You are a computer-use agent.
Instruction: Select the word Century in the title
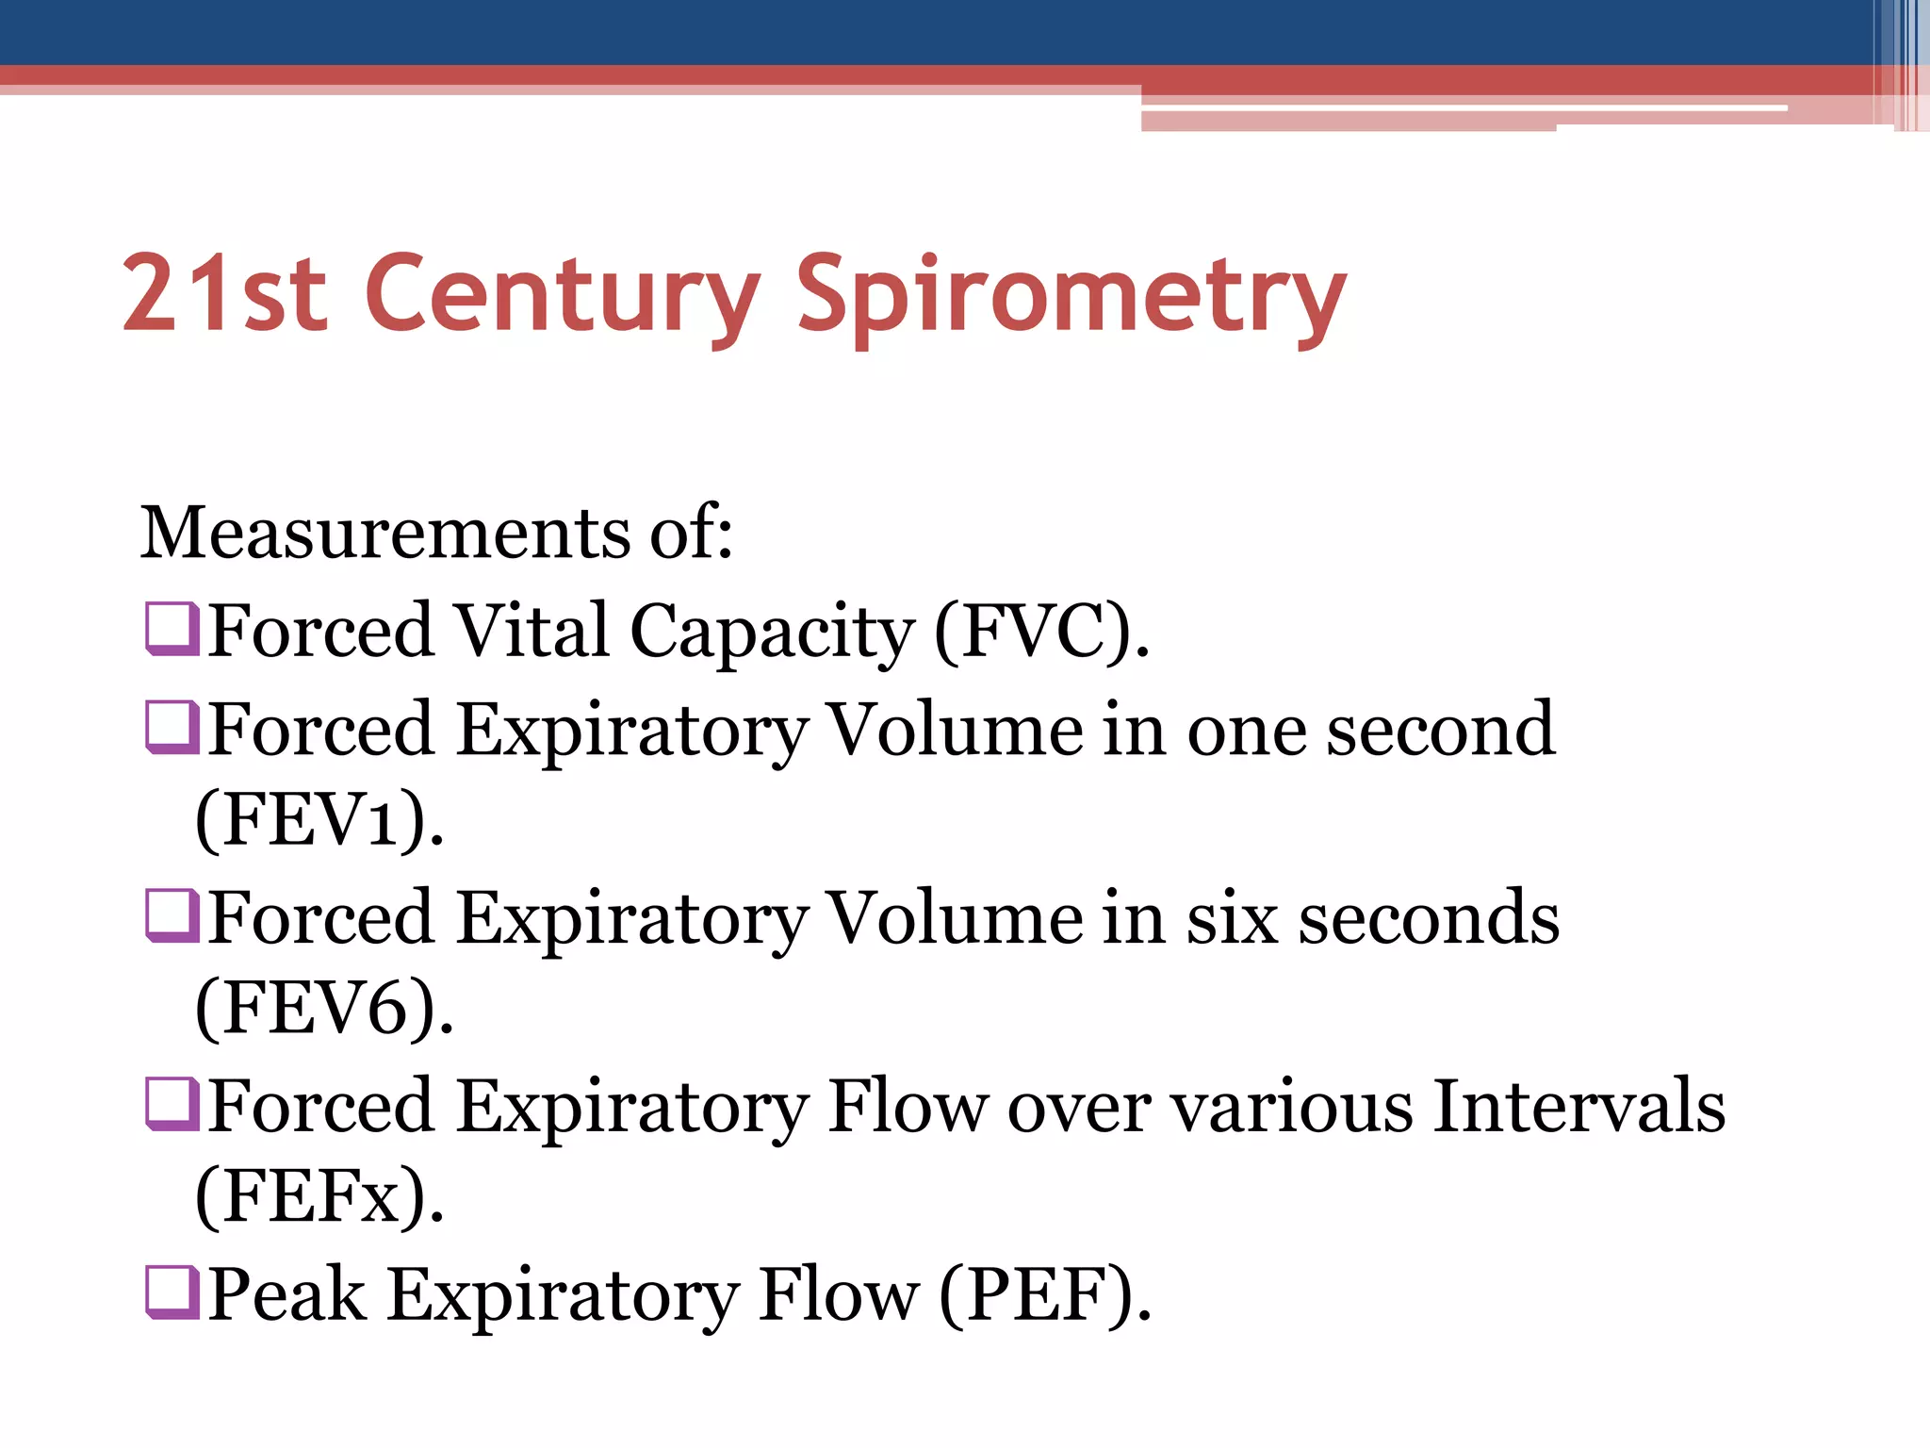click(x=562, y=294)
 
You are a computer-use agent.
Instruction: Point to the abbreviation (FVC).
click(x=1041, y=631)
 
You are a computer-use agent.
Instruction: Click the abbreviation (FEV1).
click(x=319, y=820)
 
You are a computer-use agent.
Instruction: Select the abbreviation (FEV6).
click(x=324, y=1009)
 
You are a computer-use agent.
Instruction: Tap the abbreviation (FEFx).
click(x=319, y=1196)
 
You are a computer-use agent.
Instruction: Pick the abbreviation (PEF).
click(x=1045, y=1294)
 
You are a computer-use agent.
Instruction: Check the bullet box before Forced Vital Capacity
click(x=172, y=629)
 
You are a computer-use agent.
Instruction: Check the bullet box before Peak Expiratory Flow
click(x=172, y=1292)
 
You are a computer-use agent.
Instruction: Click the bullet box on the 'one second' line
click(x=172, y=728)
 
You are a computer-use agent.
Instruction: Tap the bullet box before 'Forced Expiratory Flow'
click(x=172, y=1104)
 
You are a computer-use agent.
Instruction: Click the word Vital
click(x=532, y=631)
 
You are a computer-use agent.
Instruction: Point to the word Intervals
click(x=1578, y=1106)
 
